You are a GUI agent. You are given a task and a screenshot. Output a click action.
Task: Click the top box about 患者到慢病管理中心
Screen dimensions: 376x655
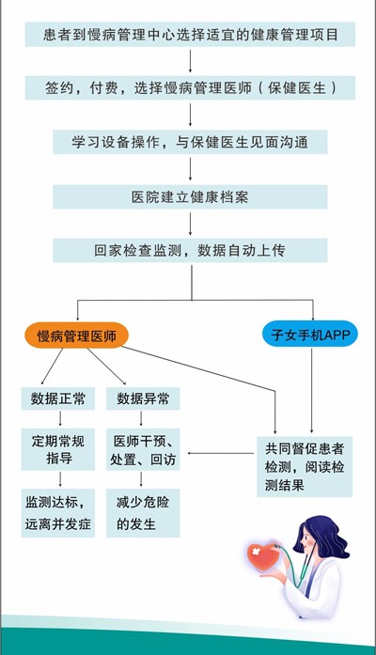coord(190,34)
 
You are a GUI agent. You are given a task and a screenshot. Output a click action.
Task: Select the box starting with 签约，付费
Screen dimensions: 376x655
coord(190,87)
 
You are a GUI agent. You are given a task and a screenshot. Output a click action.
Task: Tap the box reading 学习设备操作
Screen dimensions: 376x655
coord(190,142)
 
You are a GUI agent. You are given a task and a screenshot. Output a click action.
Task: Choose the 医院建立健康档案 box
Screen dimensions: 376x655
coord(190,196)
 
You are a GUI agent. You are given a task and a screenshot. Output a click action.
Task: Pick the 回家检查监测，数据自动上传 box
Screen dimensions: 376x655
coord(190,250)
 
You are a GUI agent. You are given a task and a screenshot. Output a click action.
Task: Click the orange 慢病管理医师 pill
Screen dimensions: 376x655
coord(76,335)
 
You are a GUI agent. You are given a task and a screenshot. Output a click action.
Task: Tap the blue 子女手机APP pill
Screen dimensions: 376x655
coord(310,335)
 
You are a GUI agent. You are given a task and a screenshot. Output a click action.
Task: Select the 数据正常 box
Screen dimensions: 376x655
coord(58,398)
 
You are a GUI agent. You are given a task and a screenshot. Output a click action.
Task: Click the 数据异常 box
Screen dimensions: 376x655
coord(143,398)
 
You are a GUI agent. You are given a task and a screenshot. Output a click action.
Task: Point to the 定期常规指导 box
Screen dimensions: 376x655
coord(58,449)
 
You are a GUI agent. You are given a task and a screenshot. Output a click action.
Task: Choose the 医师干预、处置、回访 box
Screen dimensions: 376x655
coord(143,449)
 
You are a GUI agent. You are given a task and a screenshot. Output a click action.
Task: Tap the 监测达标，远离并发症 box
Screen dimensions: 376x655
coord(58,513)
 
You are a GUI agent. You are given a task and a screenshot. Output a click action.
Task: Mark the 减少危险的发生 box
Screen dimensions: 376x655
coord(143,513)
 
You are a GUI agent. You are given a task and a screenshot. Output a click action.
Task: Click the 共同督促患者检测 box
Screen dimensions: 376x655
coord(305,467)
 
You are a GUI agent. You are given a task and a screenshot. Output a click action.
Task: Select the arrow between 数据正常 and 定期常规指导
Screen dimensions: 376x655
coord(60,418)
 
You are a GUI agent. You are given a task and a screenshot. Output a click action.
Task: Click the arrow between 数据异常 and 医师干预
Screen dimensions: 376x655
coord(141,418)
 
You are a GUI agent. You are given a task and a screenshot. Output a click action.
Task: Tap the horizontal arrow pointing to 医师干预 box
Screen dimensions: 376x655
coord(221,453)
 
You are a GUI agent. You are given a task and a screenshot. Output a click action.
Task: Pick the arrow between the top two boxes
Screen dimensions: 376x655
coord(190,61)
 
